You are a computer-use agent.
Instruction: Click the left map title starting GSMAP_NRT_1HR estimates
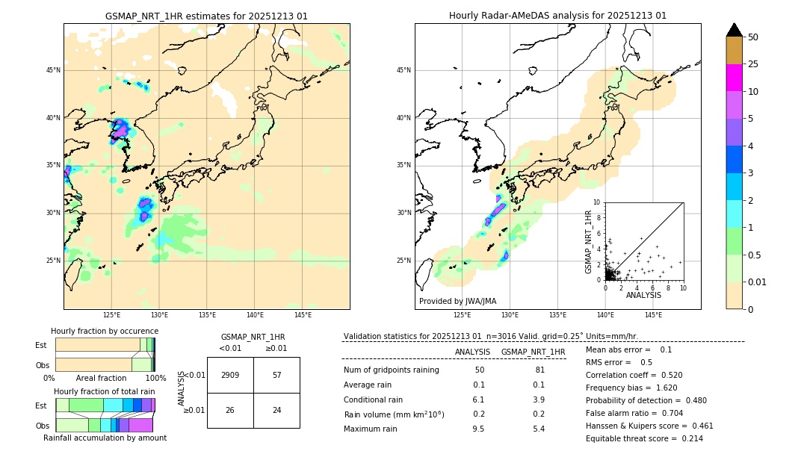point(206,16)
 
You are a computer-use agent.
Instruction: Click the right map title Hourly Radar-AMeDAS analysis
point(557,16)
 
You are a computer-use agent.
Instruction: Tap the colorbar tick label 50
point(753,37)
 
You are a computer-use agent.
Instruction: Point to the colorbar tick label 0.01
point(758,282)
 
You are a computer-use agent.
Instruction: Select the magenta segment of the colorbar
point(734,78)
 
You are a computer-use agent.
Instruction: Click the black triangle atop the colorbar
point(734,30)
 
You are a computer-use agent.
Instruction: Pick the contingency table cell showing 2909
point(230,375)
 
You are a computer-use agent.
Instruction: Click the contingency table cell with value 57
point(276,375)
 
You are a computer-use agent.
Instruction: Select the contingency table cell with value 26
point(230,410)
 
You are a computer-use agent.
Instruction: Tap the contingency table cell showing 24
point(276,410)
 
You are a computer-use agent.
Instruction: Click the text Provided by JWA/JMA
point(457,301)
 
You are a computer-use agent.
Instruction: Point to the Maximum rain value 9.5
point(478,429)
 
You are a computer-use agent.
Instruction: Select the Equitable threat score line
point(644,438)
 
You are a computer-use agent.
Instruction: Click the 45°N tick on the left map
point(53,70)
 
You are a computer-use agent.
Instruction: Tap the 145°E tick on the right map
point(653,315)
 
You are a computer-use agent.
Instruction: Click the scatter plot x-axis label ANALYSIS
point(643,295)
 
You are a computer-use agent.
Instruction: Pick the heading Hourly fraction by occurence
point(105,331)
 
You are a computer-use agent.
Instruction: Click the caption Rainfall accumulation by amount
point(105,438)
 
